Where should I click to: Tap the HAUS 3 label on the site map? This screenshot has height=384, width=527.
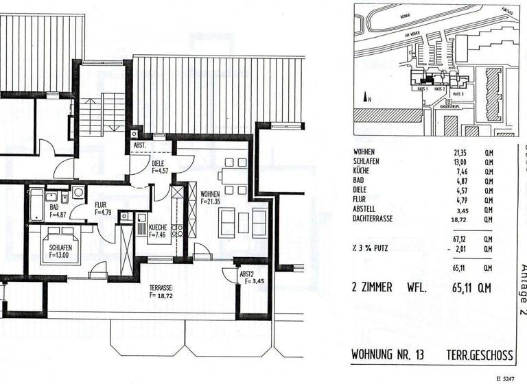click(x=458, y=93)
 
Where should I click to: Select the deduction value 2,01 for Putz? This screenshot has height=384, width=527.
click(x=462, y=251)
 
